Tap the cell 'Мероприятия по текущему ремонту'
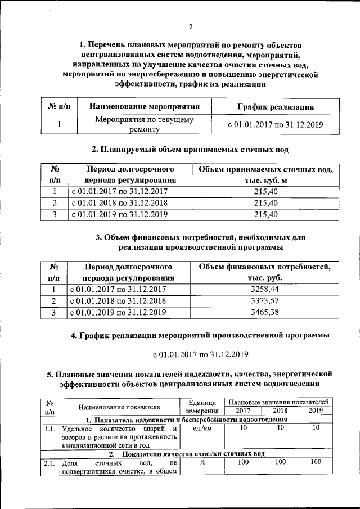pos(144,124)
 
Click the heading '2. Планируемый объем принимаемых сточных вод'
pos(190,149)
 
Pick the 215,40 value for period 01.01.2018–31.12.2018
pos(265,203)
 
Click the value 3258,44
pos(265,289)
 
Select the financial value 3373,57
pos(265,300)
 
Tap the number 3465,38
pos(265,312)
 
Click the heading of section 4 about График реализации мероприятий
pos(200,336)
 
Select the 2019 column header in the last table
pos(316,411)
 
